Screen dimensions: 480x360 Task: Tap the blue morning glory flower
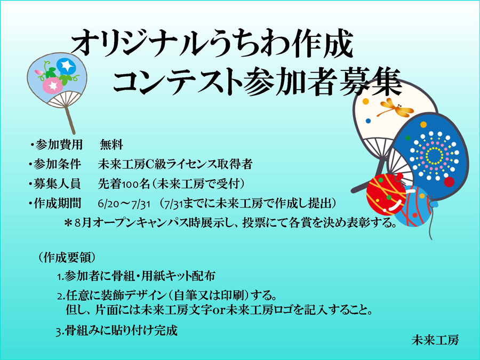pos(66,65)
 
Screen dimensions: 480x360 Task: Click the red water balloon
pos(386,194)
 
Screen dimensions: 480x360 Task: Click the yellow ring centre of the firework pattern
pos(434,156)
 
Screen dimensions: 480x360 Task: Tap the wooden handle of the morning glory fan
pos(70,121)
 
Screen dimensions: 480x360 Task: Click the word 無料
pos(111,145)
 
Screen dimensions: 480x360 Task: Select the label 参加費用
pos(59,145)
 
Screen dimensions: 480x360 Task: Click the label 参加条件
pos(57,164)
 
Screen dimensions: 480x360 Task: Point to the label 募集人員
pos(57,184)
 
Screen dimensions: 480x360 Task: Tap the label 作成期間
pos(57,203)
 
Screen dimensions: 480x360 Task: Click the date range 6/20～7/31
pos(124,204)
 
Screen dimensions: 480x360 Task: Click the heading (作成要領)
pos(67,258)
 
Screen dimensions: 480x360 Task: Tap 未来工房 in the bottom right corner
pos(435,340)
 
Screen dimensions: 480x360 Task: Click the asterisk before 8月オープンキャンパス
pos(68,222)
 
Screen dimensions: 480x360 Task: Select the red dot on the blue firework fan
pos(449,182)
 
